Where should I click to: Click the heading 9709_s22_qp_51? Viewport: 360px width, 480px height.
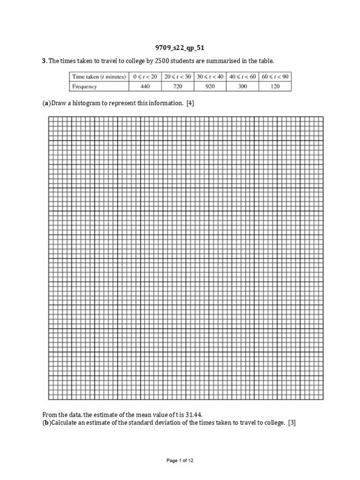(180, 47)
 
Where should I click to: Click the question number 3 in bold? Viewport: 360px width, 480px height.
(44, 61)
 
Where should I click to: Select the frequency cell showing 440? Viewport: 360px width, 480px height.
(145, 86)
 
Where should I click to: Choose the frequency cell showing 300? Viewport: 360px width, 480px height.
(242, 86)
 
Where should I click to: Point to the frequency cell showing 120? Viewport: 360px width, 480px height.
(275, 86)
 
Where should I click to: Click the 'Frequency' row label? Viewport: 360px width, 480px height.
(84, 86)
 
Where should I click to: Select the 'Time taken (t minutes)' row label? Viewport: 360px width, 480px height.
(98, 76)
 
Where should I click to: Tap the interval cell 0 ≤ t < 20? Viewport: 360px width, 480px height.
(145, 76)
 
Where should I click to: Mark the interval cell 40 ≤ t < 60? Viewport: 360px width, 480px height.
(242, 76)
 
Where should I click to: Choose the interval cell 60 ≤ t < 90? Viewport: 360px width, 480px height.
(275, 76)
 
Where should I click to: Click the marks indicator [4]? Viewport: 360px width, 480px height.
(190, 104)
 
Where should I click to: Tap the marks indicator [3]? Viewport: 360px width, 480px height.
(292, 423)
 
